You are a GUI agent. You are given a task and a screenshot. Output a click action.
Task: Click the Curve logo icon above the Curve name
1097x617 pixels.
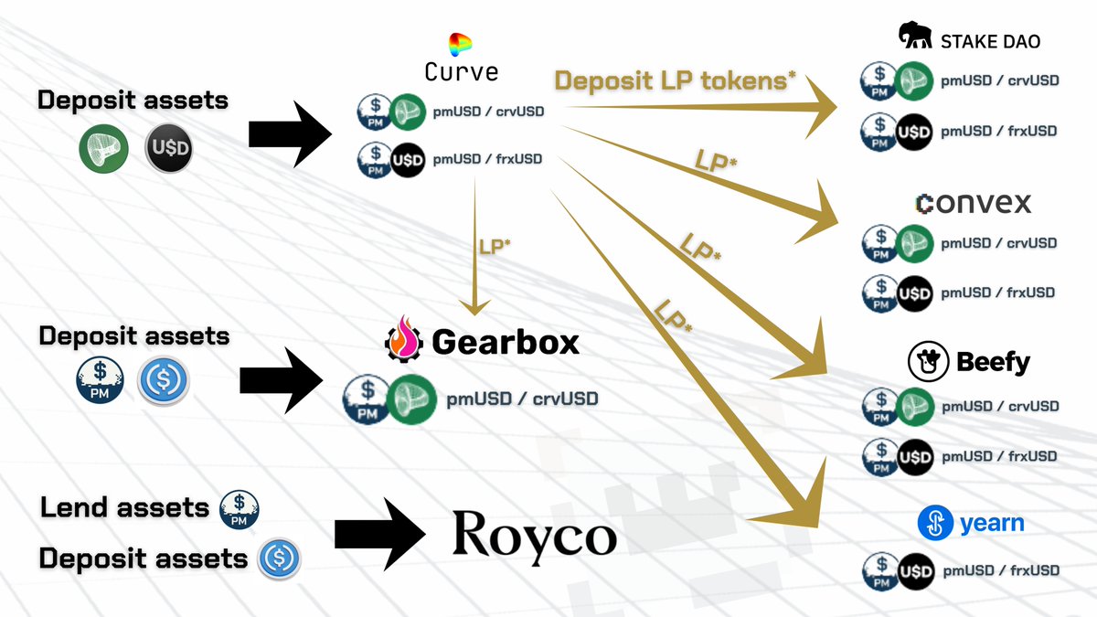tap(460, 44)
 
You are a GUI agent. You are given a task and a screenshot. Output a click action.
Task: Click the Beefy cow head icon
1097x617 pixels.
tap(927, 363)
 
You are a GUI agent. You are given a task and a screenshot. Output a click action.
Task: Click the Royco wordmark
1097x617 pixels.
tap(534, 534)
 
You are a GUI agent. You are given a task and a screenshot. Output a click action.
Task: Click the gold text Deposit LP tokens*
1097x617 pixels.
tap(675, 80)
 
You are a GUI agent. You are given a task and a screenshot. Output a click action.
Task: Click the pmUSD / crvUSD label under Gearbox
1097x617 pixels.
tap(522, 399)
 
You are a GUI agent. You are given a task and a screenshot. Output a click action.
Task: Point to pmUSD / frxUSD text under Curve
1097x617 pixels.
tap(487, 159)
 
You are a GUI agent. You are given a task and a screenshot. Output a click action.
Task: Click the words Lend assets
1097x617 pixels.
tap(124, 506)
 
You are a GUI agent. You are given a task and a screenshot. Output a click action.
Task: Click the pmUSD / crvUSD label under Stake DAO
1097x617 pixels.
tap(999, 80)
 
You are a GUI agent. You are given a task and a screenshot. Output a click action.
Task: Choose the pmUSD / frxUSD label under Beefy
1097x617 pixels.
tap(999, 456)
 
